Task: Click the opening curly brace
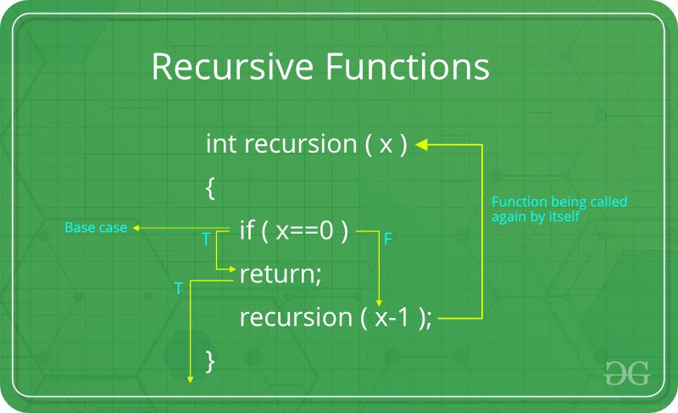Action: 210,187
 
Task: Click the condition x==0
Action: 305,231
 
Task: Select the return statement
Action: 281,275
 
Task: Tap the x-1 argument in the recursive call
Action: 391,318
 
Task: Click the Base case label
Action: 96,228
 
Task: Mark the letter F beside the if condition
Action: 387,240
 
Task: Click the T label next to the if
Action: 206,240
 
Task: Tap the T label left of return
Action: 178,289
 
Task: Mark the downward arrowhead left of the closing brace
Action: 190,379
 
